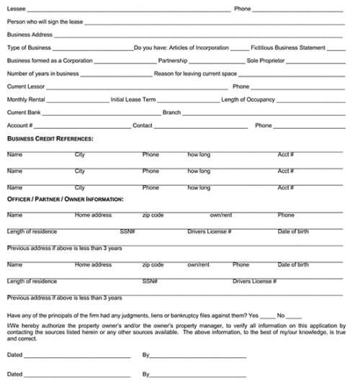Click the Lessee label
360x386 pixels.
(16, 9)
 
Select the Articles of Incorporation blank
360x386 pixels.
(239, 48)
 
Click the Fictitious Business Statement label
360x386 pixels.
(288, 48)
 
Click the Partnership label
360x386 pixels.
(173, 60)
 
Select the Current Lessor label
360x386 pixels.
(27, 86)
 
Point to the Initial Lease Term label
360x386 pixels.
(133, 99)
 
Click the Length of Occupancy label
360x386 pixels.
(248, 99)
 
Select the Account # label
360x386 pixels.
(20, 125)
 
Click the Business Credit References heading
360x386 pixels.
(50, 138)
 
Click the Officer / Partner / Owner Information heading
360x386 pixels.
(65, 199)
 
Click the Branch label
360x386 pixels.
(171, 112)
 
